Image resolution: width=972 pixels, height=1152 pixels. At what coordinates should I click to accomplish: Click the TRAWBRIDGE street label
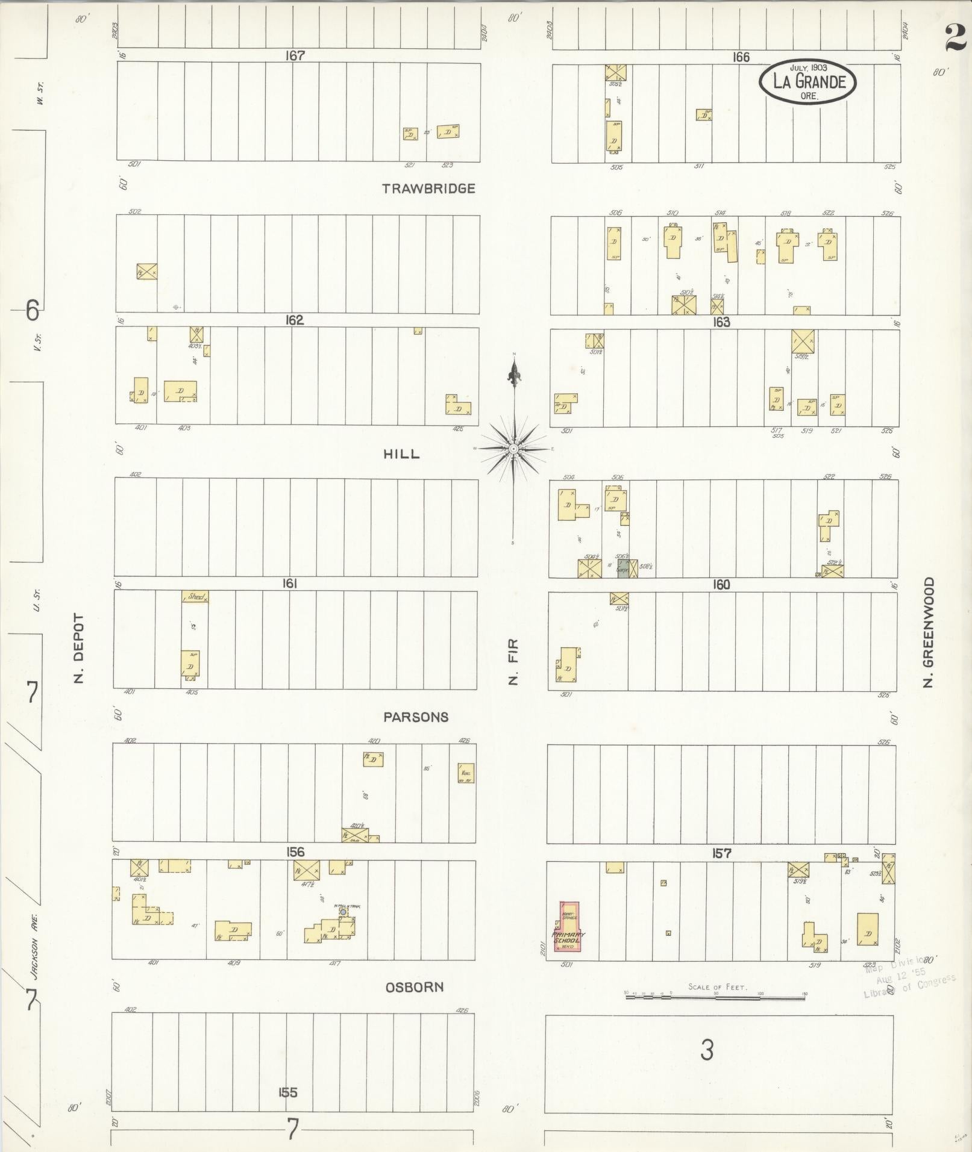[x=428, y=188]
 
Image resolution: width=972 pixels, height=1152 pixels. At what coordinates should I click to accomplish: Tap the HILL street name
[x=401, y=454]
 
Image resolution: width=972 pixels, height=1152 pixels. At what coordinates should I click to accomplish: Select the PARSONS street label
[x=416, y=717]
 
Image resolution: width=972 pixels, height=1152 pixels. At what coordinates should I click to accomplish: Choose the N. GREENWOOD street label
[x=928, y=632]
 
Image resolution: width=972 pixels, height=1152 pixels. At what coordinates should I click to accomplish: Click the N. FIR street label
[x=513, y=662]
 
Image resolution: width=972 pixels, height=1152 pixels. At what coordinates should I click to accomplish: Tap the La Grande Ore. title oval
[x=807, y=81]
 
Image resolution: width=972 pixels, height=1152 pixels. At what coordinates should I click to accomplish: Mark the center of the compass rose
[x=513, y=449]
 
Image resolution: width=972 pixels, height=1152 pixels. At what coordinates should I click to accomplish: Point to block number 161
[x=290, y=584]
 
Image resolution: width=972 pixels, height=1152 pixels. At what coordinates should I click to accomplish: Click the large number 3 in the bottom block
[x=707, y=1050]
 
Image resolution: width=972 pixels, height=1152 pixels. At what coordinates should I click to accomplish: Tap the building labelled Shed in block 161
[x=195, y=597]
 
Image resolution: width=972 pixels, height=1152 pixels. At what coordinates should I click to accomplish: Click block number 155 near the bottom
[x=287, y=1092]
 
